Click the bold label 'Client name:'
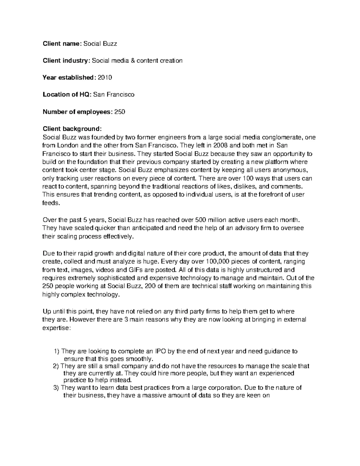tap(62, 44)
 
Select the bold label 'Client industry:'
tap(66, 61)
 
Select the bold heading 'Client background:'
tap(72, 129)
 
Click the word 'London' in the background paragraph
tap(67, 146)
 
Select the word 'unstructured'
tap(262, 269)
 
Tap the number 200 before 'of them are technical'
tap(150, 286)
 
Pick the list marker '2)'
tap(56, 366)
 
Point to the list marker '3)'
tap(56, 388)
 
